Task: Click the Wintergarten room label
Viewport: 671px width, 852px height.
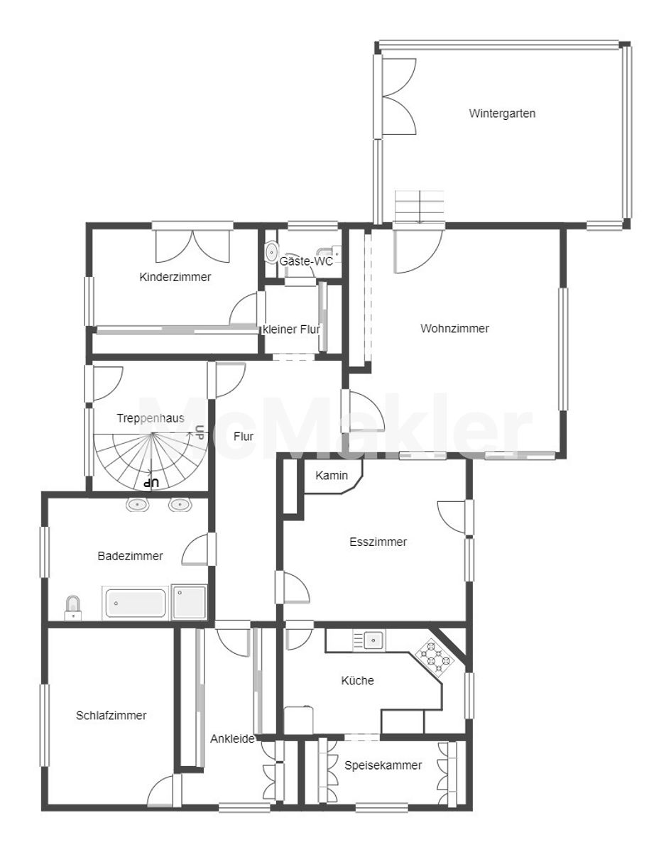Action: point(502,114)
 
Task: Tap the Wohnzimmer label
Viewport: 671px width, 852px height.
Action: point(454,329)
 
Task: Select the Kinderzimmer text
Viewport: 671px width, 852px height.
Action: point(175,277)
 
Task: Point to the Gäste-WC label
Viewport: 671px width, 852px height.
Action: point(306,261)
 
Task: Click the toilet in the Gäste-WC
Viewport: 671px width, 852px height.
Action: point(272,251)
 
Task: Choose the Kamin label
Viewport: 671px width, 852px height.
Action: point(332,476)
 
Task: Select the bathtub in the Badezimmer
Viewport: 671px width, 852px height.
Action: point(136,603)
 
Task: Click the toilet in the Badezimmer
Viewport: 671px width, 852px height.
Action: point(73,608)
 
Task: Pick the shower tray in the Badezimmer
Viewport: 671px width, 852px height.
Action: point(189,602)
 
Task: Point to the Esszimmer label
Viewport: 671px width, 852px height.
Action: point(378,542)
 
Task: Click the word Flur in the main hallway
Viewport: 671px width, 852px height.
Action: point(244,437)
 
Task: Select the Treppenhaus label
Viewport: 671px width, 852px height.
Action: point(151,418)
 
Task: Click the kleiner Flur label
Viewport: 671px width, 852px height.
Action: point(292,329)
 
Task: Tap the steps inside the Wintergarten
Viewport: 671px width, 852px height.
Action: point(419,207)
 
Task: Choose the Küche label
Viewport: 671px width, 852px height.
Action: point(357,681)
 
